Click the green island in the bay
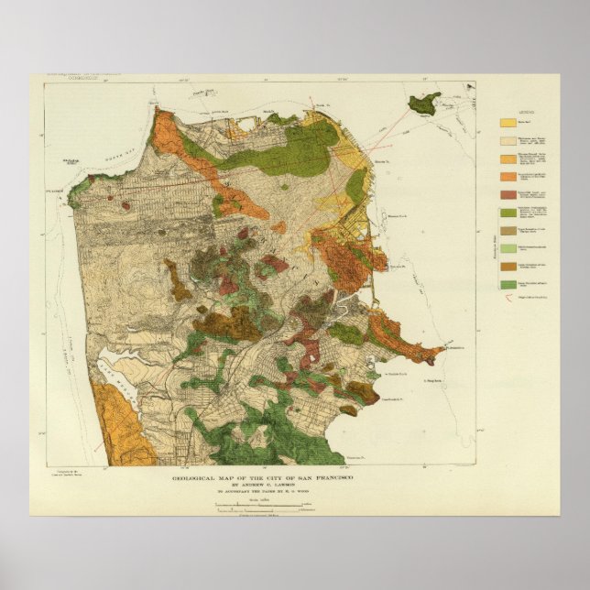[x=422, y=103]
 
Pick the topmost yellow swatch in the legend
[x=507, y=122]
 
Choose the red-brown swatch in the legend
[x=507, y=194]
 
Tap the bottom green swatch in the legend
[x=507, y=285]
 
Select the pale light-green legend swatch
[x=507, y=247]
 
